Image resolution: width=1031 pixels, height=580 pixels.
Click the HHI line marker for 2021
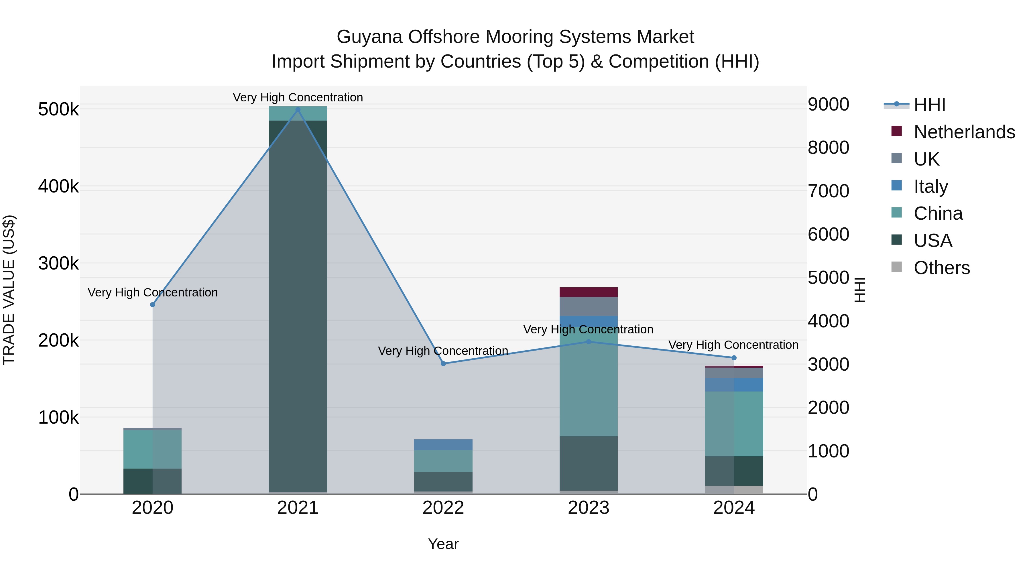click(x=298, y=110)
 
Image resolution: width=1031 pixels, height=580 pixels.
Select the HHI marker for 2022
click(x=443, y=363)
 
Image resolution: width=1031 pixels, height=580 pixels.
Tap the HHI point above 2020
click(x=152, y=305)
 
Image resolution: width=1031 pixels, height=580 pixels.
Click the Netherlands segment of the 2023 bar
click(x=588, y=292)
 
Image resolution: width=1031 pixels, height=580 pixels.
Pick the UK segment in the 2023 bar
click(x=588, y=306)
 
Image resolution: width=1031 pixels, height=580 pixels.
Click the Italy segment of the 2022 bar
click(x=443, y=445)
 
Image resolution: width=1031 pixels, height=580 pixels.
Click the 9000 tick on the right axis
click(x=828, y=105)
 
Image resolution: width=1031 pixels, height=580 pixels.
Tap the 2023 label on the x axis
click(x=588, y=508)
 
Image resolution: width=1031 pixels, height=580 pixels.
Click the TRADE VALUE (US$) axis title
click(x=9, y=290)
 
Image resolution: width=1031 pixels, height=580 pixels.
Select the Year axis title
click(x=443, y=544)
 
